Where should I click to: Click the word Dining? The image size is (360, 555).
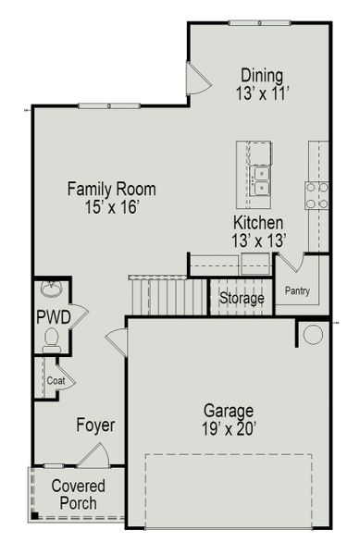point(262,75)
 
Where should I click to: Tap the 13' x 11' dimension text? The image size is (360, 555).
point(262,92)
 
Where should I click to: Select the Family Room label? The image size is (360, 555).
point(111,190)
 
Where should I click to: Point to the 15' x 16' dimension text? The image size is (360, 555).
point(111,208)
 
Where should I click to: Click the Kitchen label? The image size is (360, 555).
point(258,223)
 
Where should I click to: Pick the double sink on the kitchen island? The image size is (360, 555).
point(261,180)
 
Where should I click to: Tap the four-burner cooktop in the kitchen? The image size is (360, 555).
point(317,195)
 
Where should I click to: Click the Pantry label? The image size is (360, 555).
point(297,291)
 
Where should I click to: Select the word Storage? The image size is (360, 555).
point(242,298)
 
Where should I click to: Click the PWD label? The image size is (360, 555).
point(54,317)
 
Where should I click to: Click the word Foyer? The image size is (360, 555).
point(95,425)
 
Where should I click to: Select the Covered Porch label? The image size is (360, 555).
point(78,494)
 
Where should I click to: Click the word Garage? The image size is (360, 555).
point(227,410)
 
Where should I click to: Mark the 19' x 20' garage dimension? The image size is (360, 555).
point(227,428)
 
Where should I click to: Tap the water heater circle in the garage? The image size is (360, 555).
point(314,334)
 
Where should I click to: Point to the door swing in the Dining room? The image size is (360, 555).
point(197,80)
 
